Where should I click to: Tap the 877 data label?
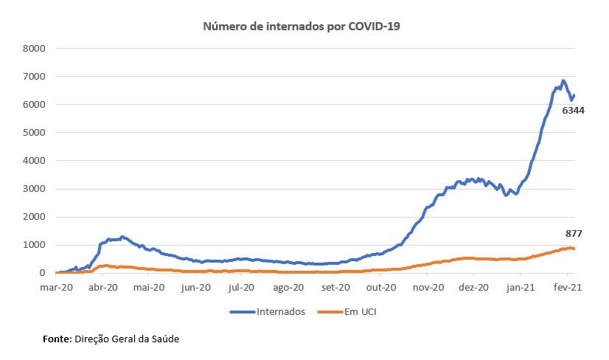(x=574, y=233)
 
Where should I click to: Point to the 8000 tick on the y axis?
(x=35, y=49)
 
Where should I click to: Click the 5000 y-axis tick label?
(x=35, y=133)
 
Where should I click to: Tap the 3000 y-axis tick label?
(x=35, y=189)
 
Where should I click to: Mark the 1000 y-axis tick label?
(x=35, y=245)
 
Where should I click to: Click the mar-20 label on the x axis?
(x=57, y=287)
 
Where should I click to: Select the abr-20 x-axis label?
(x=103, y=287)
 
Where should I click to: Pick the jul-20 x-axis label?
(x=242, y=287)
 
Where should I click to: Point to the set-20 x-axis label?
(x=335, y=287)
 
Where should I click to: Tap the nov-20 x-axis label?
(x=428, y=287)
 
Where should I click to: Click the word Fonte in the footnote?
(x=56, y=339)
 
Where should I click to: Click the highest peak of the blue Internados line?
(x=563, y=80)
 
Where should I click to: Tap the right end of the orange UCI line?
(x=574, y=249)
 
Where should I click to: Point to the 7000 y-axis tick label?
(x=35, y=77)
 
